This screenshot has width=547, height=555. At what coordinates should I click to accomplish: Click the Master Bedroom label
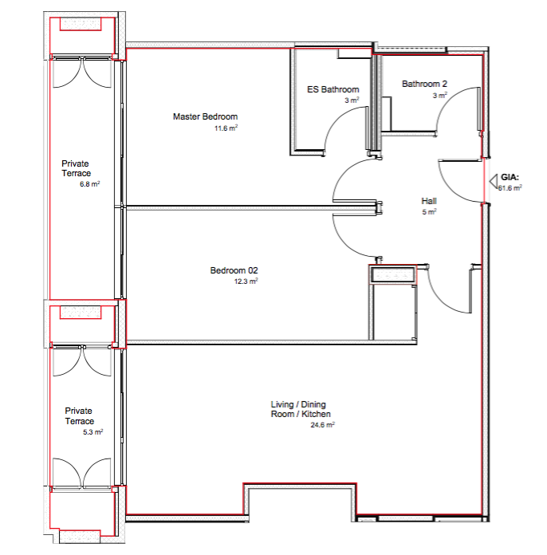click(205, 116)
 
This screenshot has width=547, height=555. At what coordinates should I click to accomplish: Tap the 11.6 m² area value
click(226, 128)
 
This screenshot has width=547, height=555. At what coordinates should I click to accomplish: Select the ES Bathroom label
click(333, 89)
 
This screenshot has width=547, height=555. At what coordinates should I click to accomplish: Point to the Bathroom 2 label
click(424, 84)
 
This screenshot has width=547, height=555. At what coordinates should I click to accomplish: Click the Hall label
click(429, 201)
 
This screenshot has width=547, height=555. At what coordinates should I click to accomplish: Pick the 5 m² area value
click(429, 211)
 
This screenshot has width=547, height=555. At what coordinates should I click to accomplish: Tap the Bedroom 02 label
click(234, 270)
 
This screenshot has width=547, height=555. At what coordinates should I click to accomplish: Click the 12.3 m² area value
click(246, 281)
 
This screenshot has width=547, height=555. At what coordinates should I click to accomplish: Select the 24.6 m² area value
click(322, 425)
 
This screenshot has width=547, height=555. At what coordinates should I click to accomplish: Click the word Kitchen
click(316, 414)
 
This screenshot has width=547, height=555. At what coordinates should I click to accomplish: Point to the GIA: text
click(510, 177)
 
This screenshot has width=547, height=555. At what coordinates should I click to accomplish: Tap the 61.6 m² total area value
click(510, 188)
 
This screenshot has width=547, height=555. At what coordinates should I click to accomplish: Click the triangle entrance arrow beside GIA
click(494, 181)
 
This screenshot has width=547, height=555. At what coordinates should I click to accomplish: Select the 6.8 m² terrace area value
click(89, 184)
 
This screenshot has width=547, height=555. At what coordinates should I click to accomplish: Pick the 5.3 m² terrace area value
click(92, 432)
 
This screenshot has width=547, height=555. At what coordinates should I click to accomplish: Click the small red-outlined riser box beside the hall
click(392, 274)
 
